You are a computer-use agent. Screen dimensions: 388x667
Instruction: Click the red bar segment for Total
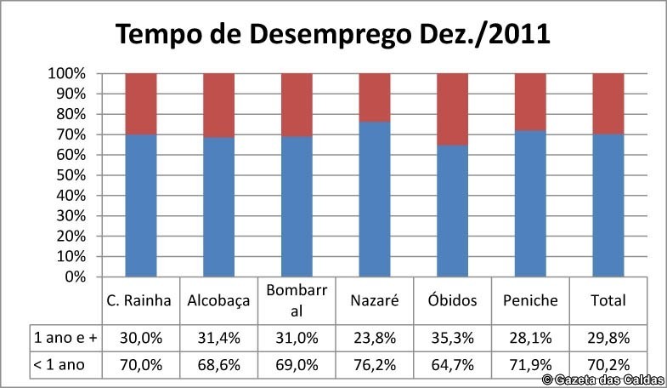(608, 103)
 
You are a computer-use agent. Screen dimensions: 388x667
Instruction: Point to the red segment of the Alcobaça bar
(218, 105)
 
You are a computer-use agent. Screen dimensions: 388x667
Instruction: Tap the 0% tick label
(75, 277)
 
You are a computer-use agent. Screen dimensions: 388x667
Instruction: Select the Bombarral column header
(297, 300)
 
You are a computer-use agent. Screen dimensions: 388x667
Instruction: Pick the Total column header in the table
(608, 300)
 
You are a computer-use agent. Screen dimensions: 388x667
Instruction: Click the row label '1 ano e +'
(65, 338)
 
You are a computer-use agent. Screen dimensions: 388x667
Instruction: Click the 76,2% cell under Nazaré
(375, 367)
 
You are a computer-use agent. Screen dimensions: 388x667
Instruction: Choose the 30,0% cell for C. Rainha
(140, 338)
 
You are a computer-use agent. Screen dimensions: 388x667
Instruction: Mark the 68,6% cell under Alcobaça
(218, 367)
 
